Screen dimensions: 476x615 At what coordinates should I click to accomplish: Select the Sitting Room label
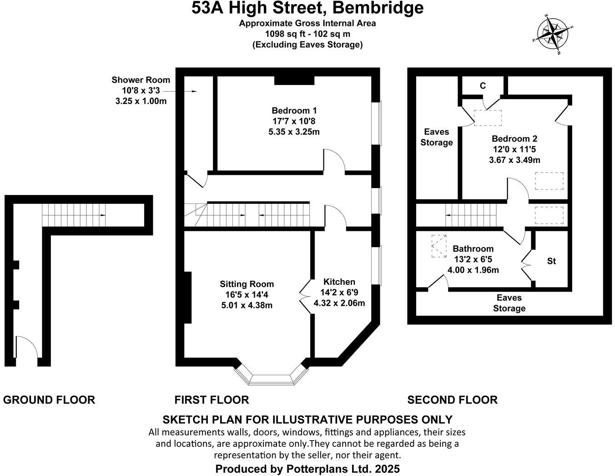point(247,284)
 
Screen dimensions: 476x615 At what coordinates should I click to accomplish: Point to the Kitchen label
point(339,282)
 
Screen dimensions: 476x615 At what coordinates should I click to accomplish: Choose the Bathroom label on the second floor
point(473,249)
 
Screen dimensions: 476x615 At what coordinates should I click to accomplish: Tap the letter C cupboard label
point(483,86)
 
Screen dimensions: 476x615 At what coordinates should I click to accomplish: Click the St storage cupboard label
point(551,261)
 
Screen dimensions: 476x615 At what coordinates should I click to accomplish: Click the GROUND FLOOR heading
point(49,400)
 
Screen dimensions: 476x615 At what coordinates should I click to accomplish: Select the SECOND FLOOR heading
point(452,400)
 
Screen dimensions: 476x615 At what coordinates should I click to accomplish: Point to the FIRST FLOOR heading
point(212,400)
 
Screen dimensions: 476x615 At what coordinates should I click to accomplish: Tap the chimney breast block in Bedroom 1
point(294,80)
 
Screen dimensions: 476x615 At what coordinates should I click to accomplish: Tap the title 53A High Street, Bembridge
point(307,8)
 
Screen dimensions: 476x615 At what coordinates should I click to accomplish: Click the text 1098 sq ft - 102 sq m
point(307,34)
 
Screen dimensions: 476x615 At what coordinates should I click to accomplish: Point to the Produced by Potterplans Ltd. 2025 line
point(307,469)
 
